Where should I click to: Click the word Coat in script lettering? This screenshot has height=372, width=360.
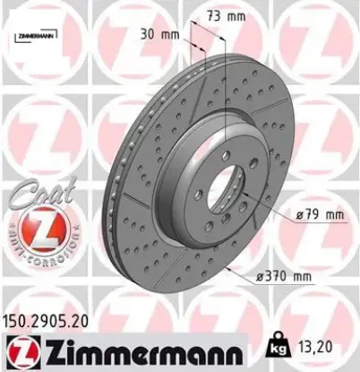point(33,190)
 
